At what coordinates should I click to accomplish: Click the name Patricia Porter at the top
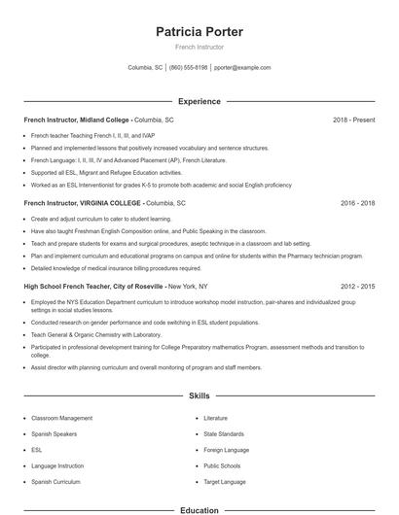pos(199,31)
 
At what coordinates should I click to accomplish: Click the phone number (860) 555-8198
pos(188,68)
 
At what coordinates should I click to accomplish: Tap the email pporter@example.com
pos(242,68)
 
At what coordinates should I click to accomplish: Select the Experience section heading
pos(199,101)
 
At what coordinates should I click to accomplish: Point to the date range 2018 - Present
pos(353,120)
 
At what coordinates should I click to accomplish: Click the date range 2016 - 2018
pos(357,204)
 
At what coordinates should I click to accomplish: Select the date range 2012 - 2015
pos(357,288)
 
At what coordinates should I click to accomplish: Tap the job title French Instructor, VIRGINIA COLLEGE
pos(83,204)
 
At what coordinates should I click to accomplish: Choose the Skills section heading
pos(199,396)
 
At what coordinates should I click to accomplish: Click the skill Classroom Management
pos(62,418)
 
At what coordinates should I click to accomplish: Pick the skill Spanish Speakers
pos(55,433)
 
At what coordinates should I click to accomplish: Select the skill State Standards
pos(224,433)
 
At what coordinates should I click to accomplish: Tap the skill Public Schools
pos(222,465)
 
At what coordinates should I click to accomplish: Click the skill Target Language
pos(224,481)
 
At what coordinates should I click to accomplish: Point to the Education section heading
pos(199,509)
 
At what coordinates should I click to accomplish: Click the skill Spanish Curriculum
pos(56,481)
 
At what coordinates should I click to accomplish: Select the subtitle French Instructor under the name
pos(199,47)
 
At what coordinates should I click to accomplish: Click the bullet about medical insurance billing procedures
pos(116,267)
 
